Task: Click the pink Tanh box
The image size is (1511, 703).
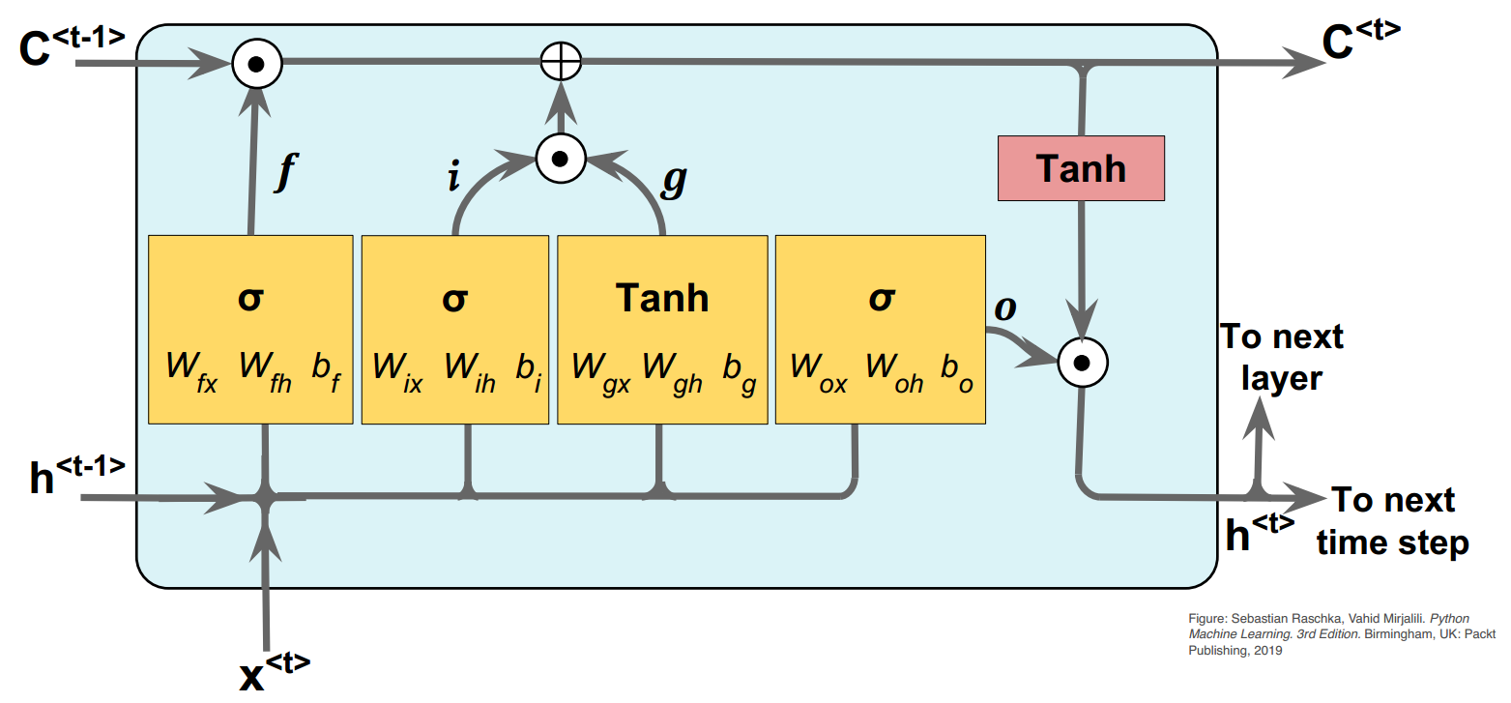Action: tap(1081, 168)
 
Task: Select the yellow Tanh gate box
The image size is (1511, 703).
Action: tap(662, 329)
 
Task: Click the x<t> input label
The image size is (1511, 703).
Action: tap(275, 673)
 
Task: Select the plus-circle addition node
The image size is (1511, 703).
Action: tap(560, 65)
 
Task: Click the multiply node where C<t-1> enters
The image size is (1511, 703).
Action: tap(256, 65)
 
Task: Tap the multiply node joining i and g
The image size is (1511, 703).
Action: tap(561, 158)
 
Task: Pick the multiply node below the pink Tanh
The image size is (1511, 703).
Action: tap(1083, 364)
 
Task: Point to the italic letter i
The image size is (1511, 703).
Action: tap(453, 180)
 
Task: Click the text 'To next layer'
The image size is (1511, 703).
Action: tap(1282, 357)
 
